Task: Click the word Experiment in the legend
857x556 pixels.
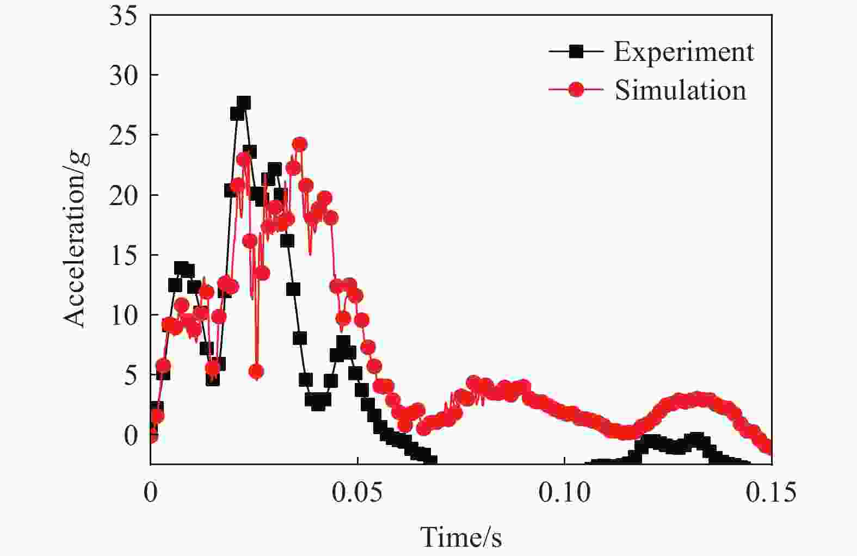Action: coord(683,52)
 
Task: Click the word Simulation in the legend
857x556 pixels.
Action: coord(680,90)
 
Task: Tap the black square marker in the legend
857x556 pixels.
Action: coord(576,52)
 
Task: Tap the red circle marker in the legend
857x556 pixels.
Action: coord(576,89)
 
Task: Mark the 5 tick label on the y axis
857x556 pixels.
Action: coord(131,375)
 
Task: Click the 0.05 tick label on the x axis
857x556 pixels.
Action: coord(357,493)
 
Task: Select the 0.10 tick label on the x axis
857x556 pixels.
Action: coord(564,493)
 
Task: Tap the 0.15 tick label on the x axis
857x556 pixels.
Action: coord(771,493)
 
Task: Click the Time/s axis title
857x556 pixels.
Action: coord(461,538)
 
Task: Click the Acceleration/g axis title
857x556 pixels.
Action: coord(75,239)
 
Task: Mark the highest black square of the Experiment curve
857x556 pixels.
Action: coord(244,102)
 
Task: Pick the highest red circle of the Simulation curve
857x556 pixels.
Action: coord(299,144)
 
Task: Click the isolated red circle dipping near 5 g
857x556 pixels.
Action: coord(256,372)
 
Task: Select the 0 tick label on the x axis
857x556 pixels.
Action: coord(151,493)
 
